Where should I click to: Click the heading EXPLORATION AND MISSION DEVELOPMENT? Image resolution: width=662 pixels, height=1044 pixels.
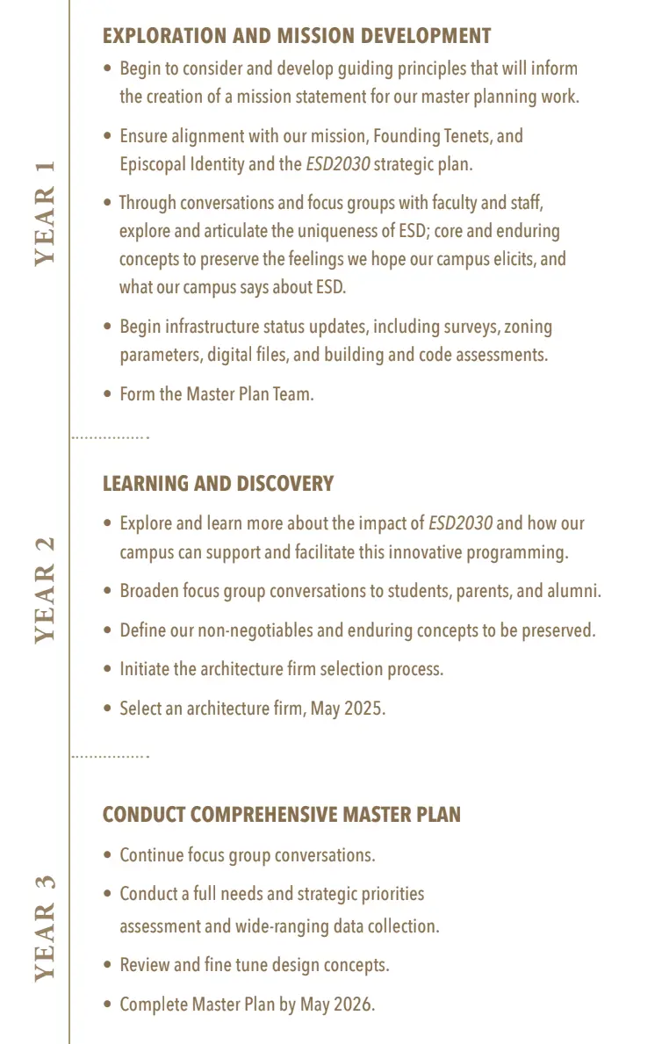point(297,36)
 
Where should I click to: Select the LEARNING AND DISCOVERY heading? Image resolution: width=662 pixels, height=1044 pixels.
point(218,484)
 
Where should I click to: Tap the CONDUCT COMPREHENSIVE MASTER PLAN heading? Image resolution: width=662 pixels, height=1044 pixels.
point(281,814)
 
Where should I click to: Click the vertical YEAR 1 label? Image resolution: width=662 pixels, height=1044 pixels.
point(45,212)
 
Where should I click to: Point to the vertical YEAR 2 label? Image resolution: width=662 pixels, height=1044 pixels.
point(45,590)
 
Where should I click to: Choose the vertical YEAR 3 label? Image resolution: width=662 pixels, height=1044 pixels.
point(45,927)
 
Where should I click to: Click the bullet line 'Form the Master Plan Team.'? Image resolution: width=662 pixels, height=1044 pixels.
point(216,394)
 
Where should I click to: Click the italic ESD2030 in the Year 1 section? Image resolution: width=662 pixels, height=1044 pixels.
point(337,164)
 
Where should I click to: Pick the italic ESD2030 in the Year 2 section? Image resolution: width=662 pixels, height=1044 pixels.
point(460,523)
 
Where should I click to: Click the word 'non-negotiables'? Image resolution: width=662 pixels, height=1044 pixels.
point(260,630)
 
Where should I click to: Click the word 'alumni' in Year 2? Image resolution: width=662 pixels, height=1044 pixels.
point(572,591)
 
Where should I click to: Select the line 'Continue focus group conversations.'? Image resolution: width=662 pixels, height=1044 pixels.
point(247,855)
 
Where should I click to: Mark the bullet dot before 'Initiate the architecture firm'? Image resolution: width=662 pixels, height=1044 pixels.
point(107,670)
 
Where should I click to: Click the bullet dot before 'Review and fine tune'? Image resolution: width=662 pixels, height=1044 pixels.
point(107,966)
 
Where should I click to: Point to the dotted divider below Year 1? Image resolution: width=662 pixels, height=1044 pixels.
point(110,436)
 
